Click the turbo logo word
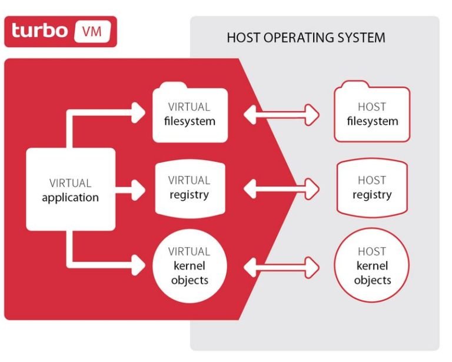click(x=39, y=31)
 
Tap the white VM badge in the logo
click(x=92, y=31)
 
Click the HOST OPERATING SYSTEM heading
click(x=306, y=38)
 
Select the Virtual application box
click(x=71, y=190)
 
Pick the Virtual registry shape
click(x=190, y=188)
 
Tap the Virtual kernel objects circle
click(x=190, y=265)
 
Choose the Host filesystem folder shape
click(x=372, y=114)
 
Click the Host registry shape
click(x=372, y=188)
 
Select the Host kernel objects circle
click(x=372, y=265)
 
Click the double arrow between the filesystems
click(x=282, y=114)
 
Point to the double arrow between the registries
click(x=282, y=188)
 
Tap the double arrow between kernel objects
click(x=282, y=267)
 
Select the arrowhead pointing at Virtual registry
click(x=139, y=189)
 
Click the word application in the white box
click(x=71, y=198)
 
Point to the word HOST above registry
click(x=372, y=180)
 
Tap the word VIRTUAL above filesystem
click(x=189, y=107)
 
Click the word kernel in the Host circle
click(x=372, y=266)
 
